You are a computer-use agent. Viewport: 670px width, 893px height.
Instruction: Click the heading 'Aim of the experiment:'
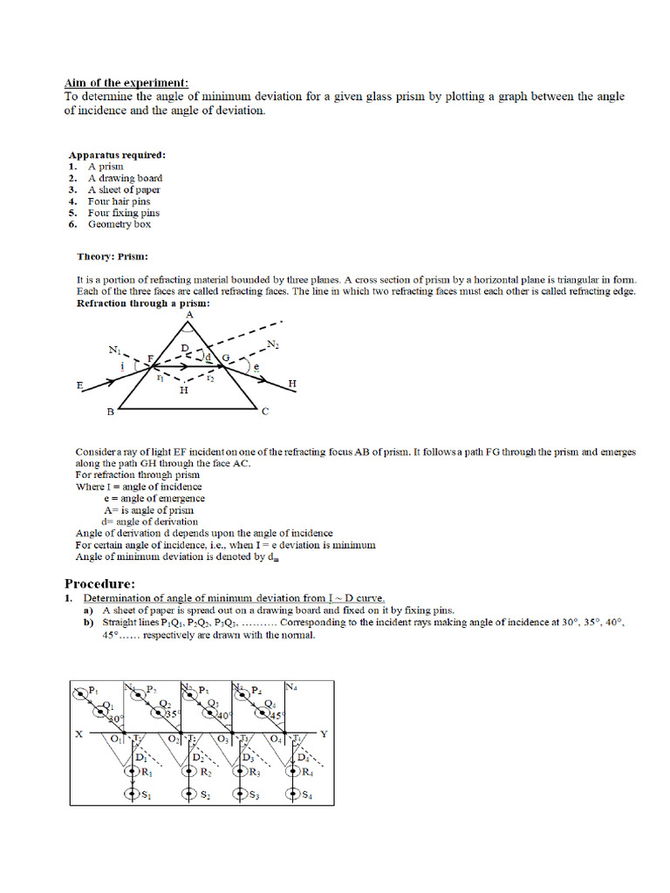tap(126, 83)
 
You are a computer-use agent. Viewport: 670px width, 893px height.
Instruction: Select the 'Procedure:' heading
tap(99, 583)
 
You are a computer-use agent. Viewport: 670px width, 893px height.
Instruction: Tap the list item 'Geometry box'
tap(119, 224)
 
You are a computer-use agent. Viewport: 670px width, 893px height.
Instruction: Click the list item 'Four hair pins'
tap(119, 201)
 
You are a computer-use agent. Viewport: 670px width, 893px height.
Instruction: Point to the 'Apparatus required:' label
tap(117, 154)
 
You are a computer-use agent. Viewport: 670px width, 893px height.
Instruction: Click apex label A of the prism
tap(189, 315)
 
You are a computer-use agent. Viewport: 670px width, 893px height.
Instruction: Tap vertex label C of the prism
tap(265, 411)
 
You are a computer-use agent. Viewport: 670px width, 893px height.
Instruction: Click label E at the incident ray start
tap(79, 384)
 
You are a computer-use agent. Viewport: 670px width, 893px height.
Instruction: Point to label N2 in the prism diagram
tap(273, 344)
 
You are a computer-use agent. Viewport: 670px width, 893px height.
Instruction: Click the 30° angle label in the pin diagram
tap(114, 718)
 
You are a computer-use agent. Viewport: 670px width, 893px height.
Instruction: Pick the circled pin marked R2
tap(189, 771)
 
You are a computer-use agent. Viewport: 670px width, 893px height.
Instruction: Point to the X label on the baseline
tap(79, 734)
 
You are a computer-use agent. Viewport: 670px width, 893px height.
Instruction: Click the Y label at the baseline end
tap(324, 734)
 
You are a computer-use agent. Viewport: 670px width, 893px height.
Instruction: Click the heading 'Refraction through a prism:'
tap(143, 303)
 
